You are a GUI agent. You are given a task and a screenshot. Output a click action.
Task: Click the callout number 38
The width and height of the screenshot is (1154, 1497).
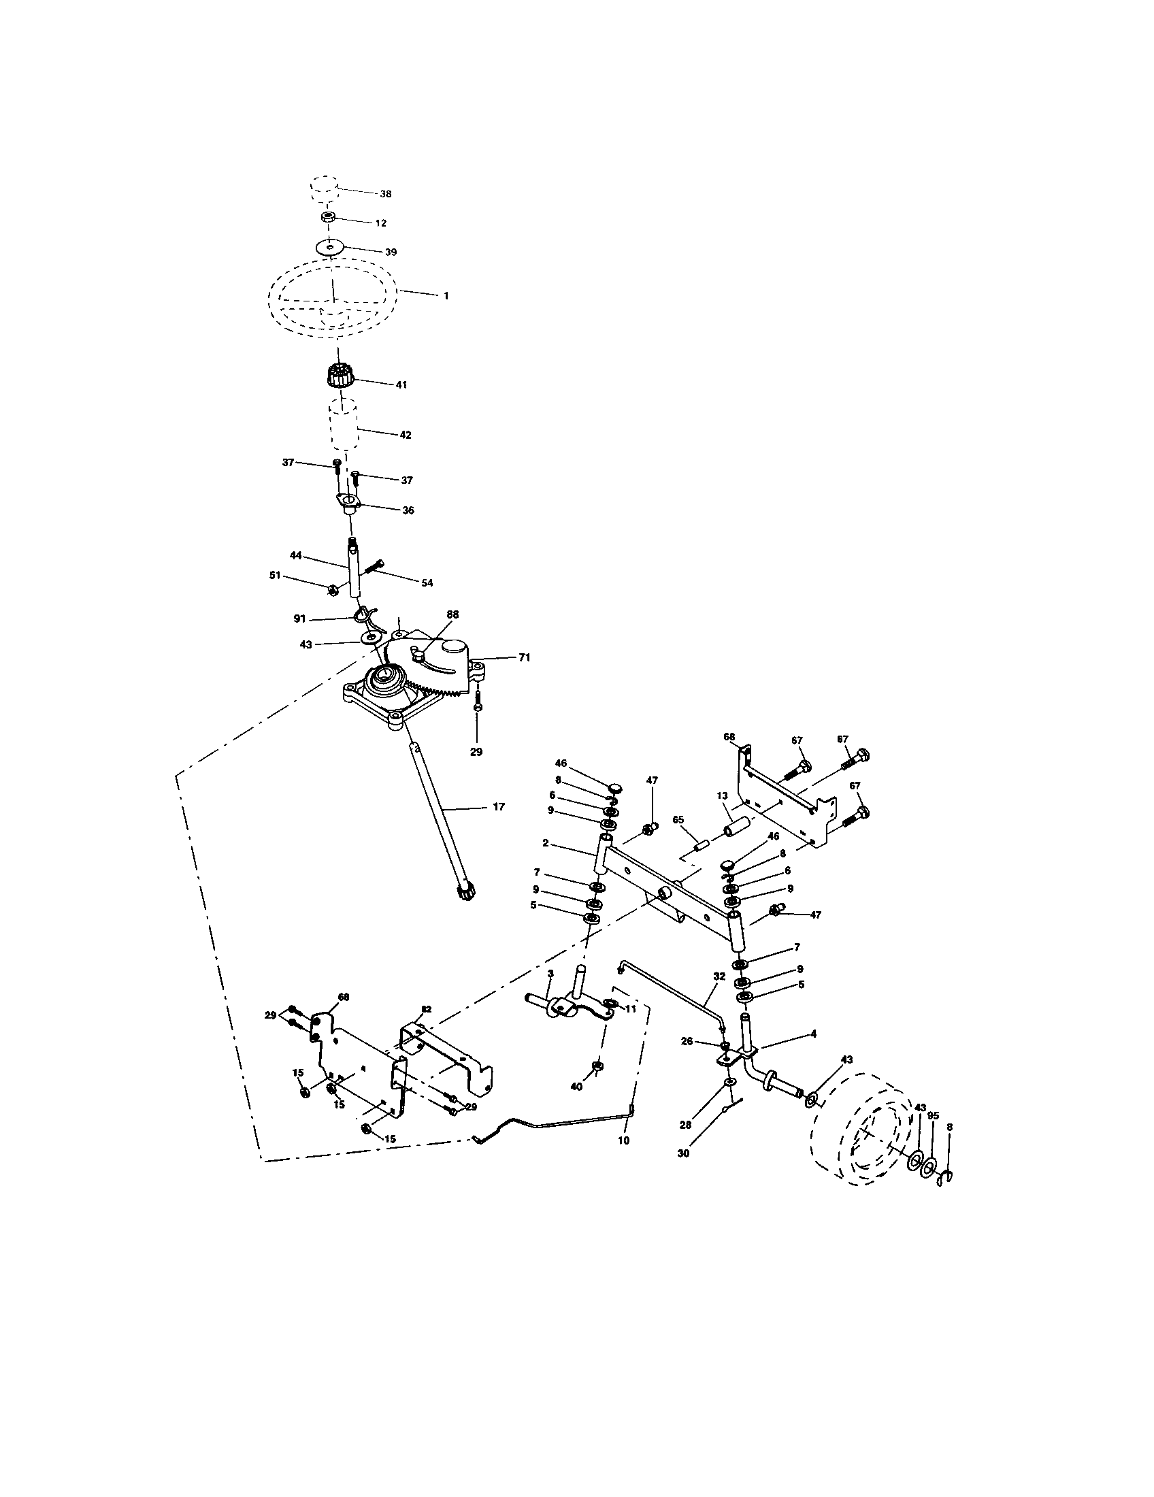click(386, 194)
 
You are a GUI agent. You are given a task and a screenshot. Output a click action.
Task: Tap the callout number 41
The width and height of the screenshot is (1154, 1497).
click(401, 385)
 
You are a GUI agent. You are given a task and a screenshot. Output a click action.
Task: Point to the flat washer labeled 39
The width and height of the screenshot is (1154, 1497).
click(331, 246)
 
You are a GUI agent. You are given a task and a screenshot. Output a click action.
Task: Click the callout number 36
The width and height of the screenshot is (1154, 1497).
click(408, 510)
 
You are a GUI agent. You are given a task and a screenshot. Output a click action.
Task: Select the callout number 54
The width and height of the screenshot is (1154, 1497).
click(427, 583)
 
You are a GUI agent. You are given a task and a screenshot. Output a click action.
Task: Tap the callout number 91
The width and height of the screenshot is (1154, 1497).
click(299, 618)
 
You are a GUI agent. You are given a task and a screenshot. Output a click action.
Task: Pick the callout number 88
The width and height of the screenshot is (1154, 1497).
click(452, 615)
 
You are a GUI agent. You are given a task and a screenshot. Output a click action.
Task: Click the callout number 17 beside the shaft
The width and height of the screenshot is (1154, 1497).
click(498, 807)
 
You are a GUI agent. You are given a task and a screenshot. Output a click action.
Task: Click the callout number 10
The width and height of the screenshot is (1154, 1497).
click(623, 1141)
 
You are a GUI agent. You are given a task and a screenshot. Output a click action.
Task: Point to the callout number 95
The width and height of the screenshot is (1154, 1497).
click(933, 1116)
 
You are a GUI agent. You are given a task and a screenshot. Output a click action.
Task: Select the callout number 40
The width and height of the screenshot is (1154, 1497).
click(576, 1087)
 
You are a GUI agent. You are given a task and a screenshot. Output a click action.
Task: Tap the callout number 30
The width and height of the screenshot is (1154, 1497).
click(684, 1153)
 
